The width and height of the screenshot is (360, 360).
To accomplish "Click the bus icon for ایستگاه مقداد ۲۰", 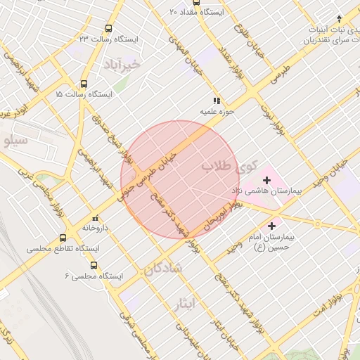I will (x=174, y=12).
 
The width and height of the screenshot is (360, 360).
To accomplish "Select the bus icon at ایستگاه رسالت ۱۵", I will (x=84, y=83).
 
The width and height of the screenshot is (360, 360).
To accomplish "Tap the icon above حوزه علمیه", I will (x=217, y=101).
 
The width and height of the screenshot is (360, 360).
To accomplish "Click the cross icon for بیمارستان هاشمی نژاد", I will (x=265, y=180).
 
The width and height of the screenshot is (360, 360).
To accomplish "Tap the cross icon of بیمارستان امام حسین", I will (x=272, y=226).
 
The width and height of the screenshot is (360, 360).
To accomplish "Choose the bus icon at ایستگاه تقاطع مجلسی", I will (x=63, y=237).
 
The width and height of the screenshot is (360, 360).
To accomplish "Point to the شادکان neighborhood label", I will (x=165, y=268).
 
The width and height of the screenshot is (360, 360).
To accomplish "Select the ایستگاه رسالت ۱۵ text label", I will (x=58, y=94).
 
